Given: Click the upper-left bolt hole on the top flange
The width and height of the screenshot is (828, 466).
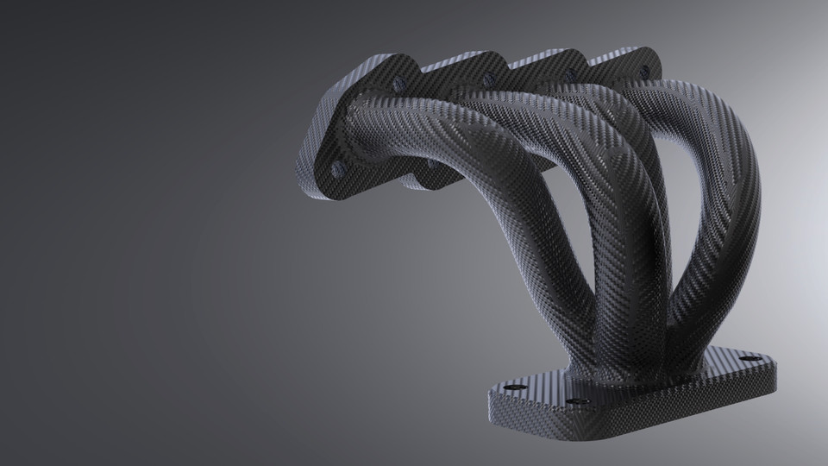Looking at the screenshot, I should tap(398, 84).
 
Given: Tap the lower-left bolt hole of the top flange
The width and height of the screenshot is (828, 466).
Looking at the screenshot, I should tap(337, 170).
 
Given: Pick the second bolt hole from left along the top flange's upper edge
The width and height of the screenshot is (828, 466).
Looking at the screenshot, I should tap(489, 80).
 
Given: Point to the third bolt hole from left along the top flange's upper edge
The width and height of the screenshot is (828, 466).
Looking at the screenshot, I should tap(569, 76).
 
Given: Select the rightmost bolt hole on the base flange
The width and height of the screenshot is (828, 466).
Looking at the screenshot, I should tap(750, 358).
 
